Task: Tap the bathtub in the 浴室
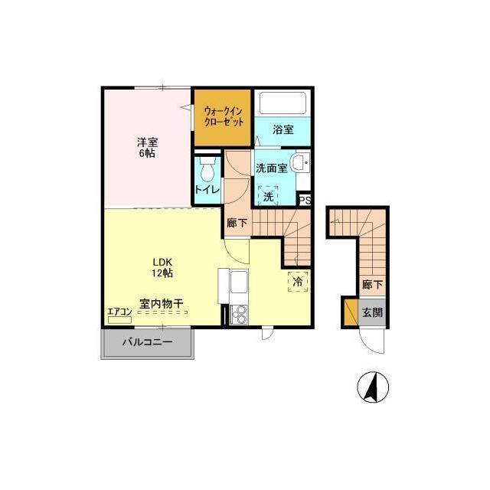(283, 103)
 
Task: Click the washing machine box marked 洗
(268, 196)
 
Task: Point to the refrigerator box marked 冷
(298, 282)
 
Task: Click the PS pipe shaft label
(305, 201)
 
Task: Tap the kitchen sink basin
(239, 281)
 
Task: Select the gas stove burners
(239, 315)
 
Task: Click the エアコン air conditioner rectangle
(119, 320)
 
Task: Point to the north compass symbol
(373, 387)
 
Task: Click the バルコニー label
(147, 342)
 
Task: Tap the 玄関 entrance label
(372, 312)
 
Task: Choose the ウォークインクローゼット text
(223, 116)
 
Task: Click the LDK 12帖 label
(162, 267)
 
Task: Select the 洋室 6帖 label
(147, 148)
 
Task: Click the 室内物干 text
(161, 303)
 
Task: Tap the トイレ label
(207, 189)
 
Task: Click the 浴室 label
(283, 129)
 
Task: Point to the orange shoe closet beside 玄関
(351, 312)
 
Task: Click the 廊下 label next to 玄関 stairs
(372, 284)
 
